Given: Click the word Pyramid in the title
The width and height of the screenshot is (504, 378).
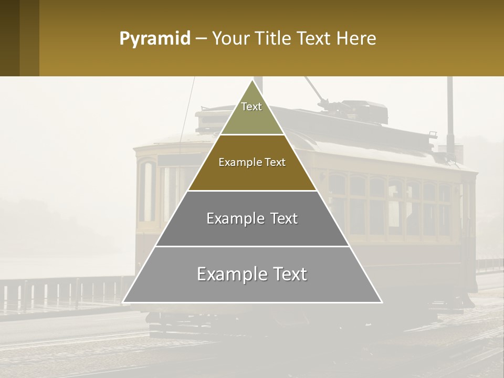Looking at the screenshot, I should coord(154,39).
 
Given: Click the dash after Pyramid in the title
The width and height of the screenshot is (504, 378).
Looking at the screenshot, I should coord(201,39).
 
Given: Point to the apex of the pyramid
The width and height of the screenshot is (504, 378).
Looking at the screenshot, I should coord(253,80).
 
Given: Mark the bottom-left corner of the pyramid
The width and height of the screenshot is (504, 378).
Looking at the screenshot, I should coord(123,302).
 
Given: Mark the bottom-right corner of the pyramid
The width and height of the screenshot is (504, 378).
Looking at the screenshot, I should coord(382,302).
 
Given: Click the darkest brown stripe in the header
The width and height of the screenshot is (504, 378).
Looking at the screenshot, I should coord(9,38).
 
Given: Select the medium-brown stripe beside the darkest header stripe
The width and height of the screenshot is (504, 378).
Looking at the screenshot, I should coord(29,38).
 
